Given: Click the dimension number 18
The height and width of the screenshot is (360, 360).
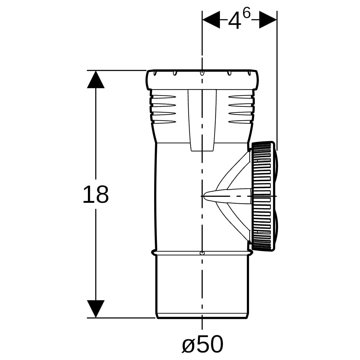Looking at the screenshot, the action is click(96, 195).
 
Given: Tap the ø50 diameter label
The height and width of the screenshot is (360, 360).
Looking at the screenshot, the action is click(202, 344).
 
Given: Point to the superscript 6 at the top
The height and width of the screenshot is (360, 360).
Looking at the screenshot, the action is click(247, 14).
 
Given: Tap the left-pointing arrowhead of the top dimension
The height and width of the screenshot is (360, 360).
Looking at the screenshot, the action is click(211, 19).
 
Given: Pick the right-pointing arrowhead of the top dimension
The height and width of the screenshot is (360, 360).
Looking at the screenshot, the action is click(268, 19).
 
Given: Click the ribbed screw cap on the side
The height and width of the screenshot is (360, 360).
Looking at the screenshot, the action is click(264, 196).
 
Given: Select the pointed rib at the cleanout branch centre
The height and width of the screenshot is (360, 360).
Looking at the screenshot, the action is click(227, 196).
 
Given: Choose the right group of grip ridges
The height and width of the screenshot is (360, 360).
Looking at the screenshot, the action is click(241, 109).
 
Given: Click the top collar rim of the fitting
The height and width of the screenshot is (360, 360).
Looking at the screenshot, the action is click(202, 80).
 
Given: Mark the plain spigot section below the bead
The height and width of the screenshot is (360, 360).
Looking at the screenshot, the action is click(202, 287).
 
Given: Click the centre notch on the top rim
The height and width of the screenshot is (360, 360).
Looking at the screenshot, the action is click(202, 73).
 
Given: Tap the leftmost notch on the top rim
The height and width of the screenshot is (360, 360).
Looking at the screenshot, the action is click(155, 73).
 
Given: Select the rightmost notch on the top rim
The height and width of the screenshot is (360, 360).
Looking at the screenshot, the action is click(249, 73).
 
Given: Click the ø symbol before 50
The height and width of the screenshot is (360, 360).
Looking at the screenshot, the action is click(188, 345).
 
